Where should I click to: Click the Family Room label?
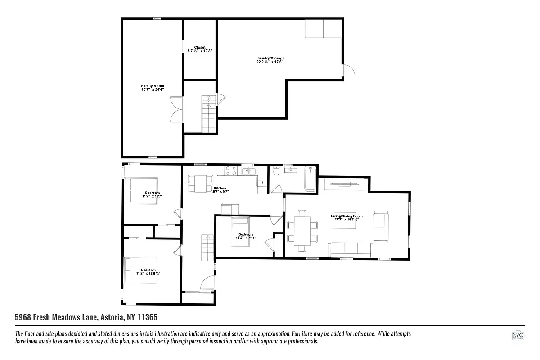152,87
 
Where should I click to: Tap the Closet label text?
200,49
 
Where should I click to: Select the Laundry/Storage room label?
270,60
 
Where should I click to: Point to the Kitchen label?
220,189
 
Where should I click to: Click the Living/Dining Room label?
347,218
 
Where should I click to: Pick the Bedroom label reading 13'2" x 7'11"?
246,236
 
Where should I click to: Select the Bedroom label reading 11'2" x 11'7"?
152,194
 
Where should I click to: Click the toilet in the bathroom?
276,171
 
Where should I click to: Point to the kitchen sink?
248,171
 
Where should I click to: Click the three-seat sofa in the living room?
350,249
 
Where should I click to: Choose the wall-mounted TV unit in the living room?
344,184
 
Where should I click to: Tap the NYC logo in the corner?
518,336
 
